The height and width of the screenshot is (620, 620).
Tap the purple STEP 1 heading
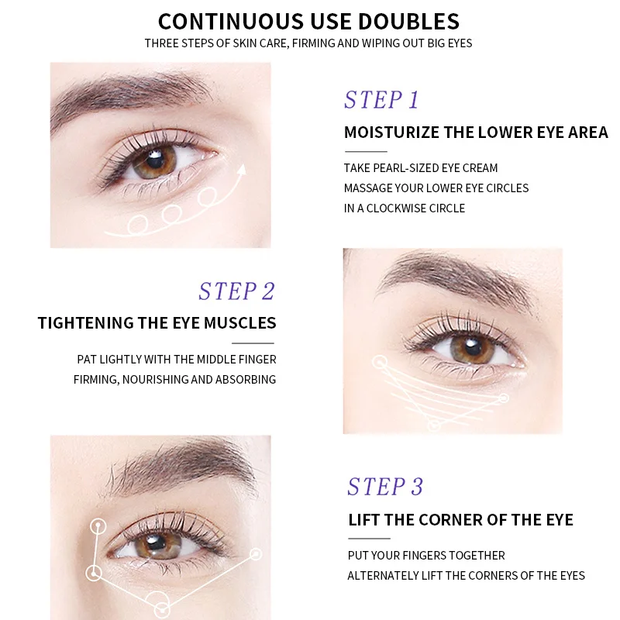[381, 100]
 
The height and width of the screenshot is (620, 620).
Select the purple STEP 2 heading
[236, 291]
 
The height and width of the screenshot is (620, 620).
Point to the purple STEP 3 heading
[385, 487]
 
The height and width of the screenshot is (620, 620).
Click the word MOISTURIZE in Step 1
[391, 133]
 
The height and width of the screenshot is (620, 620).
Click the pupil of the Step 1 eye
[153, 160]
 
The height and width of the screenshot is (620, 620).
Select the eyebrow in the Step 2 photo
[449, 274]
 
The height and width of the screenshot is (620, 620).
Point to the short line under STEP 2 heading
[253, 343]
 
